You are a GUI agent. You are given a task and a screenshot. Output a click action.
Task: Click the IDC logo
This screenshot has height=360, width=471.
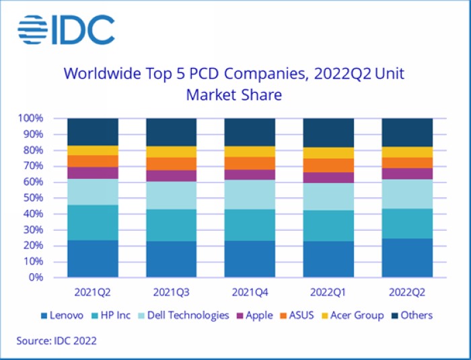[x=66, y=30]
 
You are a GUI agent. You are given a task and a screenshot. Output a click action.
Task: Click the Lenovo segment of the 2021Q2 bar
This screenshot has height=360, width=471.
[x=93, y=258]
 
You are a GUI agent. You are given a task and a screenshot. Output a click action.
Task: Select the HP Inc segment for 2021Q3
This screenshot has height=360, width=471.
[x=172, y=225]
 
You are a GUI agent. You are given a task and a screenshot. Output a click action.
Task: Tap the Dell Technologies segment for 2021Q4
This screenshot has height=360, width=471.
[x=250, y=194]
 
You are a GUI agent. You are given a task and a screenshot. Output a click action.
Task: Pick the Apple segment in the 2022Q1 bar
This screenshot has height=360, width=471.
[x=328, y=178]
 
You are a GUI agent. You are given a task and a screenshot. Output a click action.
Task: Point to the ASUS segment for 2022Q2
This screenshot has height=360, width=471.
[x=407, y=163]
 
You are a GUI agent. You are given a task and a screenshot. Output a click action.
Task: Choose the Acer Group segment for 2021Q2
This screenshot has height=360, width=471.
[x=93, y=150]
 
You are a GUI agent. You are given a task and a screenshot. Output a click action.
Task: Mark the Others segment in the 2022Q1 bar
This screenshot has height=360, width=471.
[x=328, y=133]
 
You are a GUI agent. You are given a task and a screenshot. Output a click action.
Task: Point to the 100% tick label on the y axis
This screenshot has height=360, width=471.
[x=31, y=118]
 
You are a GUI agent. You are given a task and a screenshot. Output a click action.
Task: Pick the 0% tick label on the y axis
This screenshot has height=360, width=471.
[x=36, y=277]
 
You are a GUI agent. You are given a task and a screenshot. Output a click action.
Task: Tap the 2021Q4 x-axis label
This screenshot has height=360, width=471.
[x=250, y=293]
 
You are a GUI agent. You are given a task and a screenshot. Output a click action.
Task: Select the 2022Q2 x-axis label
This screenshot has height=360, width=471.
[x=407, y=293]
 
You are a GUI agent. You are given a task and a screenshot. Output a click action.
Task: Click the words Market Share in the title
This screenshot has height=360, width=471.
[x=233, y=95]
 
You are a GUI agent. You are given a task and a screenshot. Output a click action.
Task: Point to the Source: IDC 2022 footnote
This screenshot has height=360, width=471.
[x=57, y=340]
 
